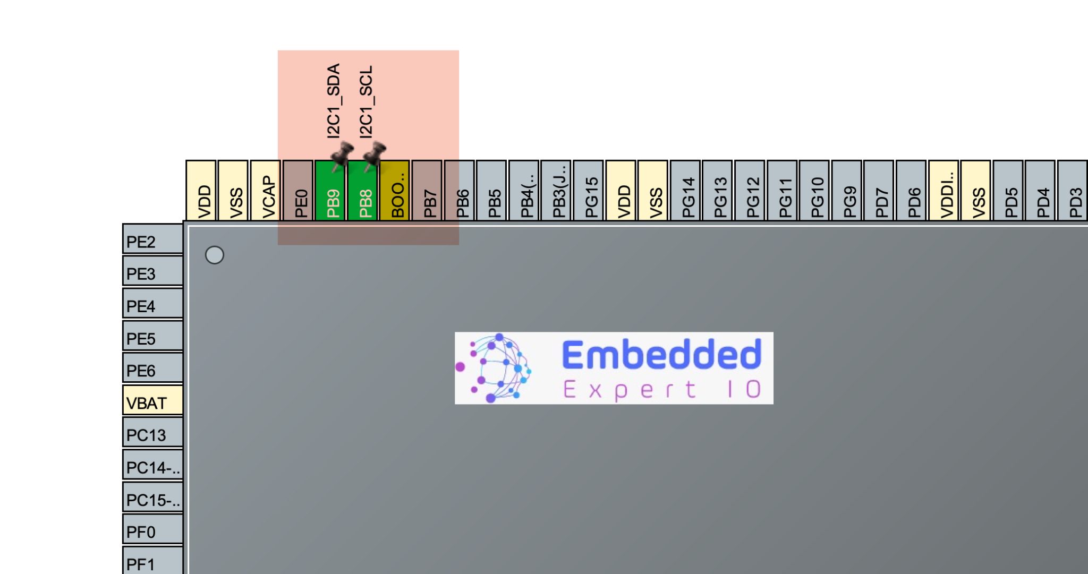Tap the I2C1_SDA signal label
[x=333, y=101]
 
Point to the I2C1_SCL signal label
[x=366, y=101]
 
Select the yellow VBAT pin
[x=153, y=401]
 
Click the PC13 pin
[x=153, y=433]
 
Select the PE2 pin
[x=153, y=240]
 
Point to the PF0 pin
[x=153, y=530]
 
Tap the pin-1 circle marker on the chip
[x=215, y=255]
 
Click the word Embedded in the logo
[x=661, y=355]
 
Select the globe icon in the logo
[x=494, y=367]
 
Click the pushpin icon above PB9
[x=341, y=155]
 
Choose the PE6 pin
[x=153, y=369]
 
